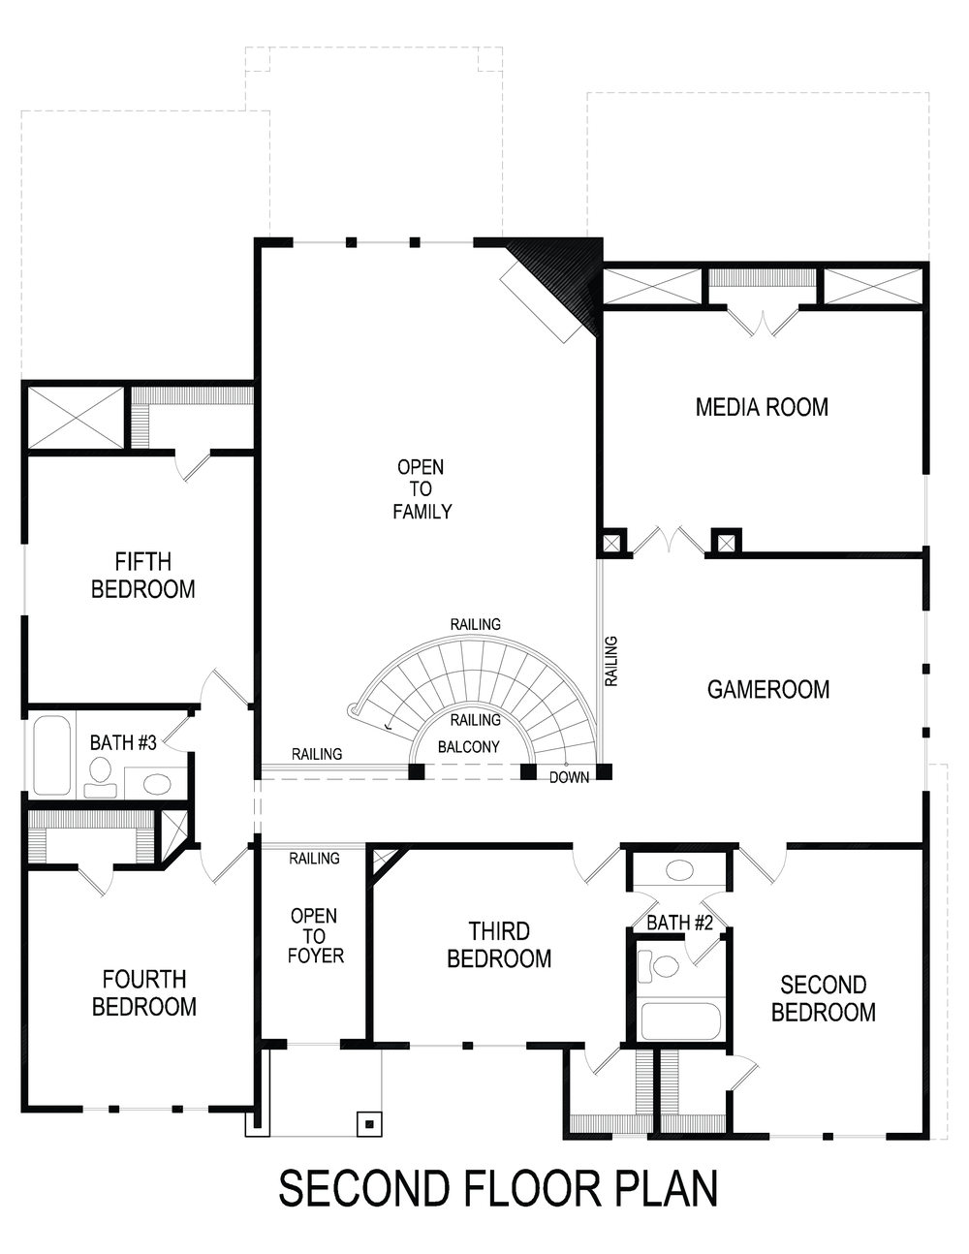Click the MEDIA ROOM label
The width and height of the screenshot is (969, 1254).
pyautogui.click(x=762, y=407)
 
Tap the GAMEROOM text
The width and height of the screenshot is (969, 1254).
pyautogui.click(x=767, y=690)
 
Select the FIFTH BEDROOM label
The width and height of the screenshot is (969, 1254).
pyautogui.click(x=142, y=576)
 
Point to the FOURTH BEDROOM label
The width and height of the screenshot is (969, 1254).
pyautogui.click(x=143, y=993)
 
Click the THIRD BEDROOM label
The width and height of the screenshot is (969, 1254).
pyautogui.click(x=499, y=945)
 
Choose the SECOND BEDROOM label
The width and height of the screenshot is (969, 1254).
pyautogui.click(x=823, y=998)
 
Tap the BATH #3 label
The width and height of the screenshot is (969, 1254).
pyautogui.click(x=123, y=743)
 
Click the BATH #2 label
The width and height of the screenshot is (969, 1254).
pyautogui.click(x=679, y=923)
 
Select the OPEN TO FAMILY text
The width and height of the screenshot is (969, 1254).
pyautogui.click(x=422, y=489)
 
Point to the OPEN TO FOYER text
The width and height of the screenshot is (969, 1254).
pyautogui.click(x=314, y=936)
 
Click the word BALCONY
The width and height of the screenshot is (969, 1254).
pyautogui.click(x=469, y=747)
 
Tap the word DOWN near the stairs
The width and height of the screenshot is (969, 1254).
pyautogui.click(x=569, y=777)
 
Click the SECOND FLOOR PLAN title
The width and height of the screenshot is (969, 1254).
pyautogui.click(x=498, y=1189)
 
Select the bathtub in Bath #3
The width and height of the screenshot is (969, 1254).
pyautogui.click(x=51, y=755)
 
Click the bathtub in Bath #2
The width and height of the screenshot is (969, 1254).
pyautogui.click(x=680, y=1021)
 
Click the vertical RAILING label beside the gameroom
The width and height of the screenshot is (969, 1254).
pyautogui.click(x=611, y=662)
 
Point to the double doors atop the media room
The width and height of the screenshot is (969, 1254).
pyautogui.click(x=763, y=323)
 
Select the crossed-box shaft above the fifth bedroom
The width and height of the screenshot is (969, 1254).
pyautogui.click(x=76, y=417)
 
